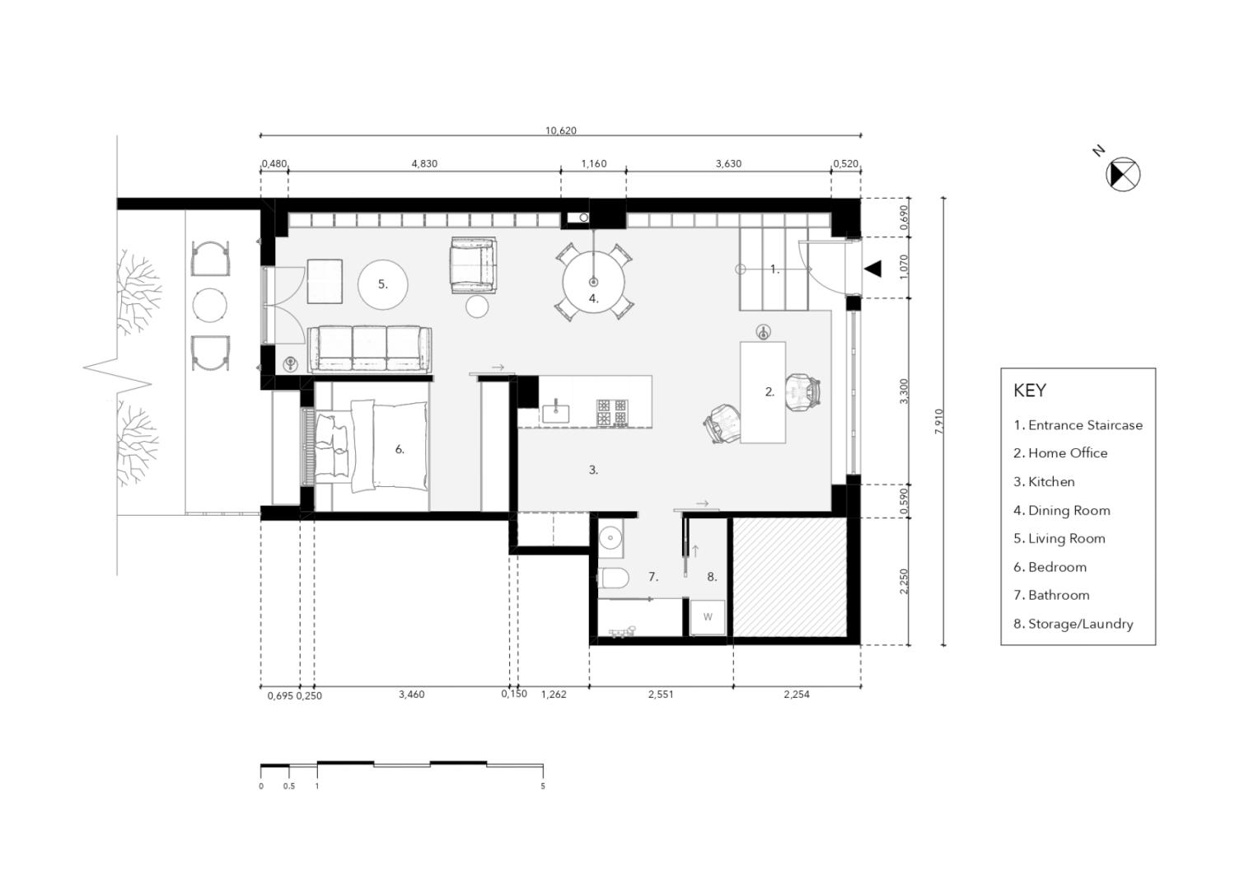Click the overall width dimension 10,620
[x=560, y=130]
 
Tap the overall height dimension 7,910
[x=939, y=421]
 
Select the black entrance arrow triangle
[x=872, y=269]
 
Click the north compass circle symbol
[x=1123, y=174]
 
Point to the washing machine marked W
[x=708, y=617]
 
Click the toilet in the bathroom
[x=611, y=578]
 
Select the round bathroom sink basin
[x=610, y=537]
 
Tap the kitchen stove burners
[x=612, y=412]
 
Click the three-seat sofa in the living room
[x=370, y=349]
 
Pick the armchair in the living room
[x=474, y=265]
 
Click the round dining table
[x=594, y=282]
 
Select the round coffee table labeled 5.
[x=383, y=284]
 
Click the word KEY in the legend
[x=1030, y=391]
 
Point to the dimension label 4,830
[x=424, y=163]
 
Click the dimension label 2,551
[x=661, y=695]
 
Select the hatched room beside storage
[x=789, y=578]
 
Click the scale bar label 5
[x=543, y=786]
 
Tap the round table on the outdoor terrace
[x=209, y=306]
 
